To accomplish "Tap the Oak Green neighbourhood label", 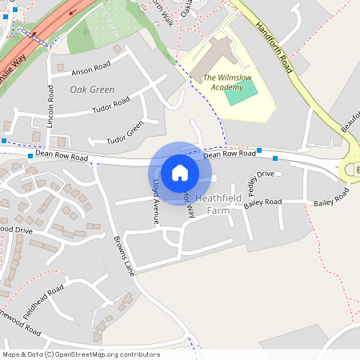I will (92, 90).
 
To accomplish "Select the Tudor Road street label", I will (110, 103).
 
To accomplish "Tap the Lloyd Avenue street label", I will (155, 200).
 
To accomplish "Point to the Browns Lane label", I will (126, 255).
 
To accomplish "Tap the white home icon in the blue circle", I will (180, 172).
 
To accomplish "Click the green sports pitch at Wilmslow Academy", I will (241, 94).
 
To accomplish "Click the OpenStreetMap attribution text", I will (80, 354).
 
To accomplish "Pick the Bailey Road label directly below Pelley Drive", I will (262, 203).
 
